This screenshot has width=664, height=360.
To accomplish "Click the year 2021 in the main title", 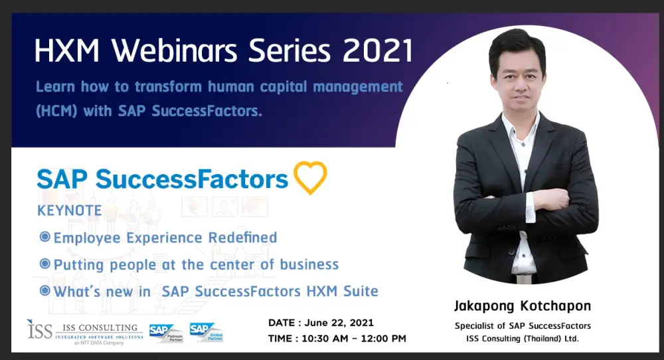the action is pyautogui.click(x=378, y=51).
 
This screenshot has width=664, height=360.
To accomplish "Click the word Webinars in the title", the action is pyautogui.click(x=175, y=51).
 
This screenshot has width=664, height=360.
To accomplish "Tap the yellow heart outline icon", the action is pyautogui.click(x=310, y=177).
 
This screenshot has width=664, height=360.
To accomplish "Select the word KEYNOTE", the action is pyautogui.click(x=70, y=211).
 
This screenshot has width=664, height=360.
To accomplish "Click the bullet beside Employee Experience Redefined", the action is pyautogui.click(x=45, y=236).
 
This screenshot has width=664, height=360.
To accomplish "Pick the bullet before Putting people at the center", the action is pyautogui.click(x=45, y=264).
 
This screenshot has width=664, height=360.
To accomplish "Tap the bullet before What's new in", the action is pyautogui.click(x=45, y=290).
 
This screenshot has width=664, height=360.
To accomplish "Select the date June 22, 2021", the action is pyautogui.click(x=339, y=323).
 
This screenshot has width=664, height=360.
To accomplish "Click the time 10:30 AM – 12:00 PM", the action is pyautogui.click(x=354, y=339).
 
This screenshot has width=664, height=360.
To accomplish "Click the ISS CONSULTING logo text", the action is pyautogui.click(x=100, y=328).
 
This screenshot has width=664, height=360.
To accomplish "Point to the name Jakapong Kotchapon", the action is pyautogui.click(x=523, y=306).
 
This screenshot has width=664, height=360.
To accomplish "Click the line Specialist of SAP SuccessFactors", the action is pyautogui.click(x=523, y=326).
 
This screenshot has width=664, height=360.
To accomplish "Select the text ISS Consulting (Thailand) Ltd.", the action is pyautogui.click(x=523, y=339).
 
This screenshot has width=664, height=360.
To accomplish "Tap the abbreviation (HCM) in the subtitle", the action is pyautogui.click(x=56, y=112).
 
